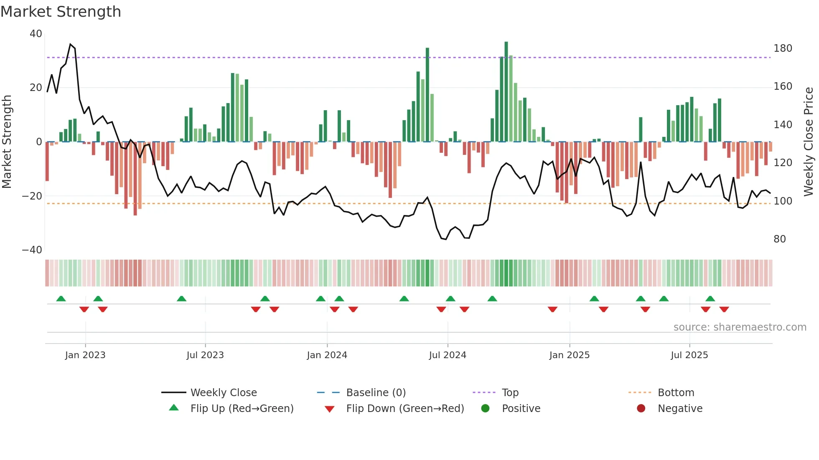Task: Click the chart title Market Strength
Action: click(61, 12)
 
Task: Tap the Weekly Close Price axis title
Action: click(809, 142)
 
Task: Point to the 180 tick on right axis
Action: click(783, 48)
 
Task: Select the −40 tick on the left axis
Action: click(32, 250)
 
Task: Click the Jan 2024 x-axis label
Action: click(327, 355)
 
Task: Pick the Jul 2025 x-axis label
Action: click(689, 355)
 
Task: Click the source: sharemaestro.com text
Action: click(740, 327)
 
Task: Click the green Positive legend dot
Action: click(485, 408)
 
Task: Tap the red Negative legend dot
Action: click(641, 408)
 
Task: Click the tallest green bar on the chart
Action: click(506, 92)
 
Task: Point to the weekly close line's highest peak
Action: click(70, 44)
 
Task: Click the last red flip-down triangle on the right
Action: click(724, 309)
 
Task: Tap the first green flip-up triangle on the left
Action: click(61, 298)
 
